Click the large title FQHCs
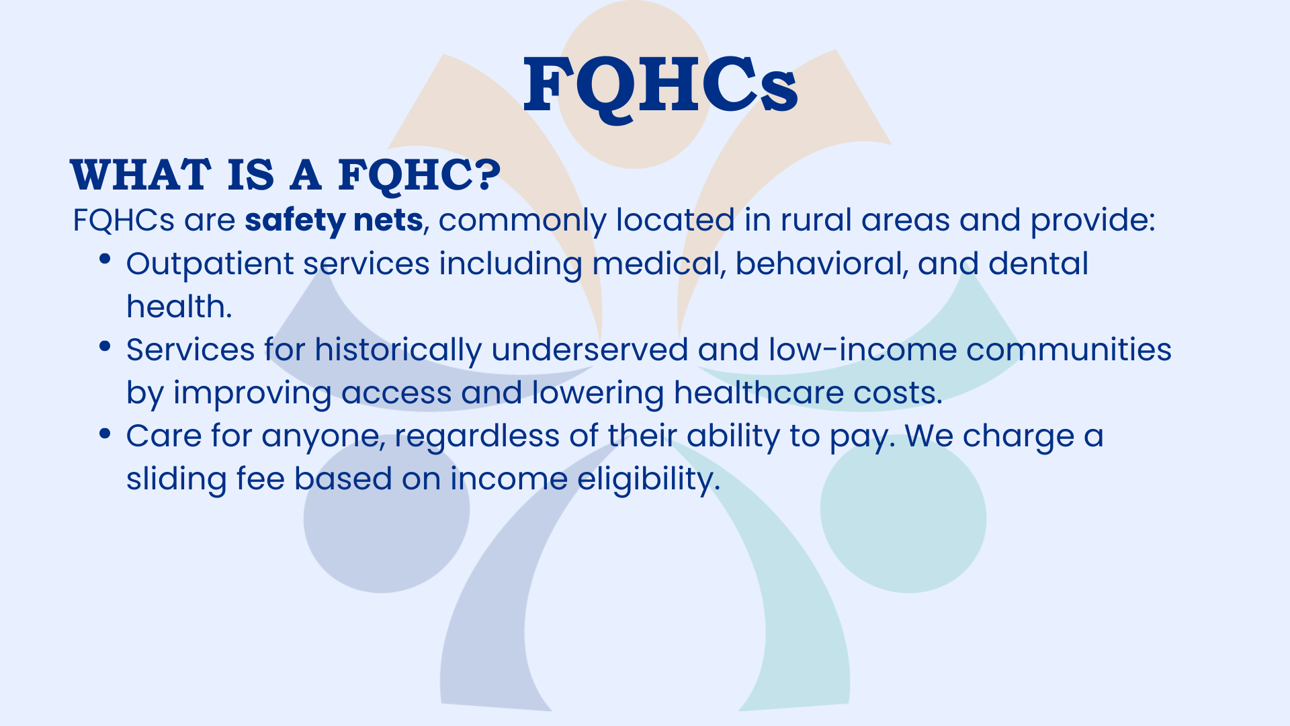[x=660, y=85]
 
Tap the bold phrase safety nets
[x=333, y=220]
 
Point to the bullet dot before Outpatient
[x=105, y=259]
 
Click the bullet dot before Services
[x=105, y=346]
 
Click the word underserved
[x=590, y=350]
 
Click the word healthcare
[x=759, y=393]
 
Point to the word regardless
[x=477, y=437]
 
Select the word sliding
[x=177, y=480]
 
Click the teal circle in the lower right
[x=904, y=518]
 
